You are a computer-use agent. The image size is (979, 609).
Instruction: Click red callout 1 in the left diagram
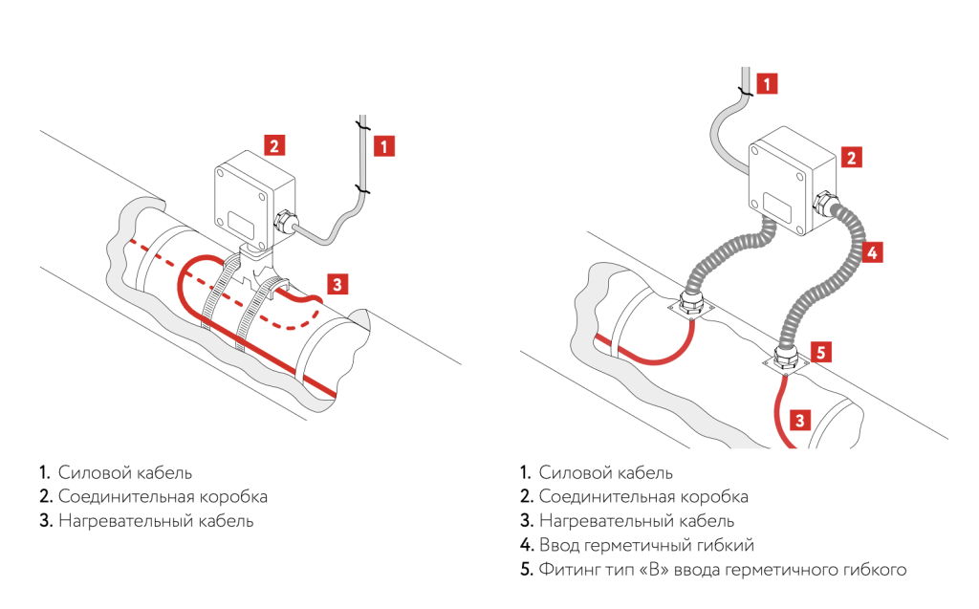pos(383,146)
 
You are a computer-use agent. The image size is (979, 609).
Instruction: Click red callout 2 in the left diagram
pos(274,145)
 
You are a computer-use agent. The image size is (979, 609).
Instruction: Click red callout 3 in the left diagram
pos(337,283)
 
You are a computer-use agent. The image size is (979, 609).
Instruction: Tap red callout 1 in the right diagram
pos(768,83)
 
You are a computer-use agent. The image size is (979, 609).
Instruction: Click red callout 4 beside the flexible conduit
pos(871,252)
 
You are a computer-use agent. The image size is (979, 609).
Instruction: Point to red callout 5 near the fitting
pos(821,349)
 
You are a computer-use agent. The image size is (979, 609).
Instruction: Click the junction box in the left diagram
pos(245,201)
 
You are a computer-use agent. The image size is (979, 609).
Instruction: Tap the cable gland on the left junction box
pos(282,222)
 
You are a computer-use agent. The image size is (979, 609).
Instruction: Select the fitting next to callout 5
pos(786,359)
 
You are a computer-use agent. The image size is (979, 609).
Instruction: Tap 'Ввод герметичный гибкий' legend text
pos(646,546)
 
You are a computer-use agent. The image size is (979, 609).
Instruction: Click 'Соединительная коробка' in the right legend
pos(643,497)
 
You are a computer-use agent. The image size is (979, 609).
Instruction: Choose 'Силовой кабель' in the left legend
pos(124,472)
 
